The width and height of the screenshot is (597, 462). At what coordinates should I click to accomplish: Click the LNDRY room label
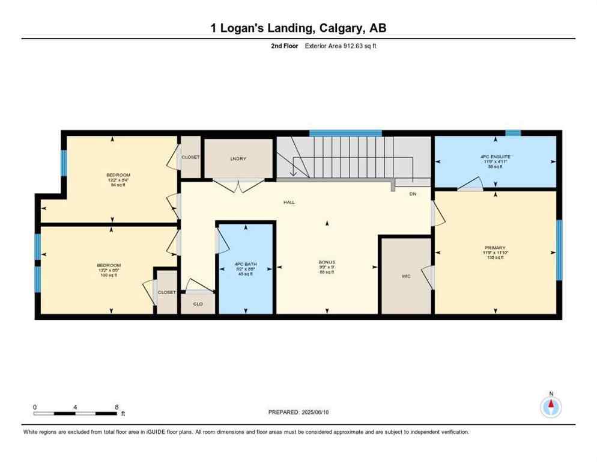tap(238, 159)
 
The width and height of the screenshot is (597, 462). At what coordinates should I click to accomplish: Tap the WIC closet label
tap(406, 277)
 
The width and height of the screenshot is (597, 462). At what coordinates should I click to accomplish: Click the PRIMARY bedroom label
tap(495, 247)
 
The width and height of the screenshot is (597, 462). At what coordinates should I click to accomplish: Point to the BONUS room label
tap(327, 262)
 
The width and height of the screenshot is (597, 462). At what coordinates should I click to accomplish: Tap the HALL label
tap(289, 202)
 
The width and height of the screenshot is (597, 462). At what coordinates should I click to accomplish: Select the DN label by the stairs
tap(413, 194)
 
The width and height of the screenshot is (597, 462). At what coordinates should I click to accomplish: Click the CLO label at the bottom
tap(198, 304)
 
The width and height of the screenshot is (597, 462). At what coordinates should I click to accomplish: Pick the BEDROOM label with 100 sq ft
tap(109, 265)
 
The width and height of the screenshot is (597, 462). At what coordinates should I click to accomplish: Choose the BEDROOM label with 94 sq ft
tap(118, 175)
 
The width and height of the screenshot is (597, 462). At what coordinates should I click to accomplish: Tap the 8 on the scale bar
tap(116, 407)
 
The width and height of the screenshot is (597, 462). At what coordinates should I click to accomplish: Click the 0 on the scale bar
tap(35, 407)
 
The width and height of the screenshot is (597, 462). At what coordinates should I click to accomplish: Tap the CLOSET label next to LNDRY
tap(190, 157)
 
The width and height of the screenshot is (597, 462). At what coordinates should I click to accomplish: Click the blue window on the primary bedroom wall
tap(559, 250)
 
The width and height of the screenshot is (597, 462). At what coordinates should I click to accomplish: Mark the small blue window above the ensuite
tap(513, 133)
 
